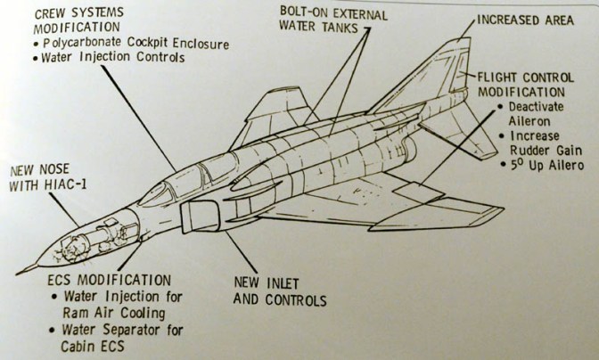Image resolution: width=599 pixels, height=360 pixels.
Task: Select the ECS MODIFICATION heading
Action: (x=99, y=280)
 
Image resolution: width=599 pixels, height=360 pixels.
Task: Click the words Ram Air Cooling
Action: (x=115, y=313)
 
